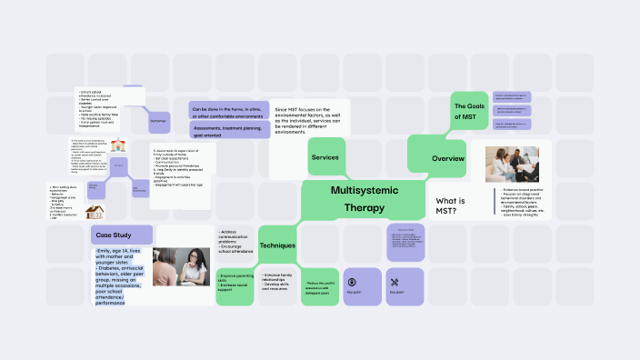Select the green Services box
tap(325, 157)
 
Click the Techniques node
tap(278, 245)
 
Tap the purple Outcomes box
tap(158, 121)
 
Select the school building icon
tap(119, 145)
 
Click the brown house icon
tap(93, 211)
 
